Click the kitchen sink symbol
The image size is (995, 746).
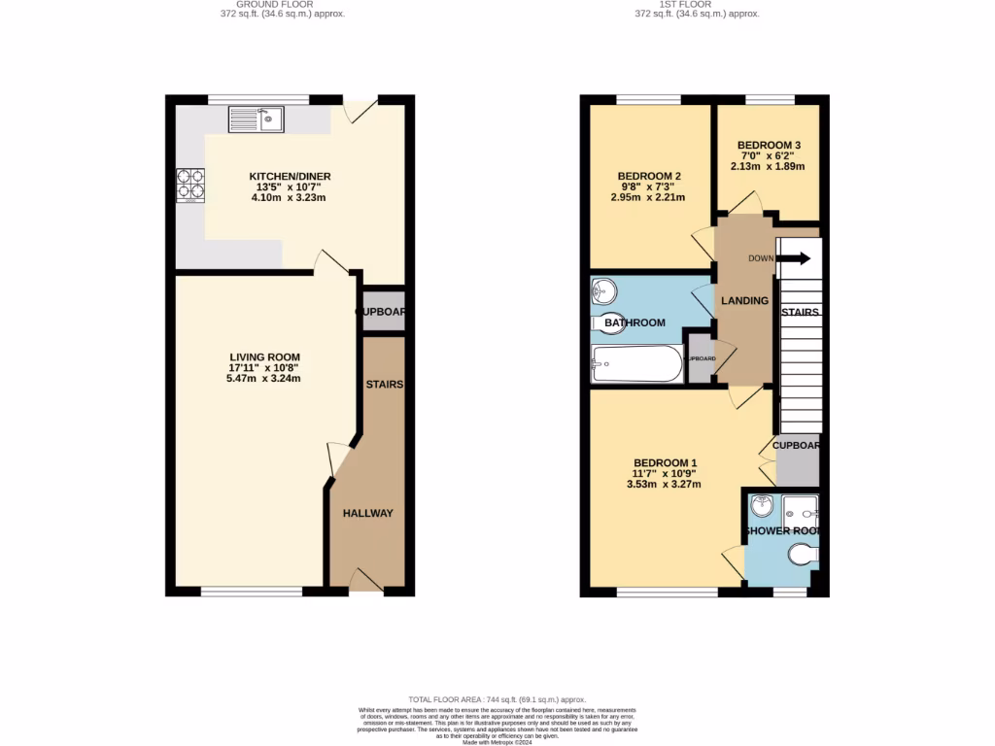(x=256, y=119)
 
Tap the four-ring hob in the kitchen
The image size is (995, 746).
(x=190, y=185)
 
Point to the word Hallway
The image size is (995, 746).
(x=368, y=513)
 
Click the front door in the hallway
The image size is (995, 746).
(x=365, y=581)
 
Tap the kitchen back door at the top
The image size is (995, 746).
(x=363, y=112)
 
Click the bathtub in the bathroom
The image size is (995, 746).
(x=637, y=365)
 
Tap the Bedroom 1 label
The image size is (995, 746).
(x=665, y=462)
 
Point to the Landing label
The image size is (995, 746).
(x=744, y=300)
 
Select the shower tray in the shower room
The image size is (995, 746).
(x=802, y=507)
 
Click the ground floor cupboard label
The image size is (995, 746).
(x=380, y=312)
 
